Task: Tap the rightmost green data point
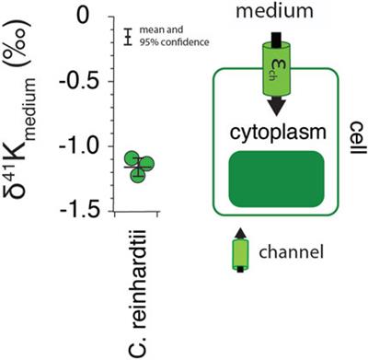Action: point(148,164)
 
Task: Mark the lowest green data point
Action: point(139,174)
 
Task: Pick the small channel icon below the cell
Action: point(240,254)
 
